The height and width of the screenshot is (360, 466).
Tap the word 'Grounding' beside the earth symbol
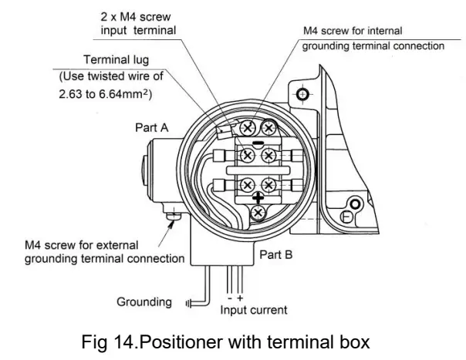(x=144, y=301)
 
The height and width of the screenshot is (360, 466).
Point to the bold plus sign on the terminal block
(x=257, y=197)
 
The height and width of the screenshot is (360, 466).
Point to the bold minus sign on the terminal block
(x=258, y=143)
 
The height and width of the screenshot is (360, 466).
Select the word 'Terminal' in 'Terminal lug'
(x=105, y=59)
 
